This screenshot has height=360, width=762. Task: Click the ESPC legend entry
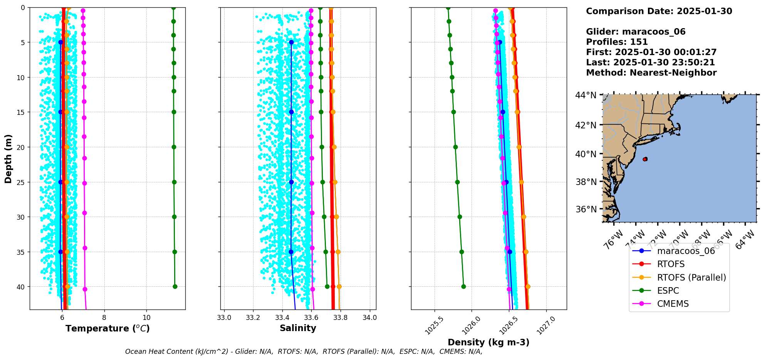pos(668,291)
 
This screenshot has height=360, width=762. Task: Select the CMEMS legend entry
pos(673,304)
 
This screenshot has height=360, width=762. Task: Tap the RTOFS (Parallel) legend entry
pos(692,278)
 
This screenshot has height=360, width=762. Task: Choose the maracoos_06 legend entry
pos(686,251)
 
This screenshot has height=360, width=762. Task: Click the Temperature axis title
pos(107,328)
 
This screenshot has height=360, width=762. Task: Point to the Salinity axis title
pos(298,328)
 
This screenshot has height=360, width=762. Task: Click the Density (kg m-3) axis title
pos(488,342)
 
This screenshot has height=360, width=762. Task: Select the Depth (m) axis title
pos(8,159)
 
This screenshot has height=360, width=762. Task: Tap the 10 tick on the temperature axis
pos(146,318)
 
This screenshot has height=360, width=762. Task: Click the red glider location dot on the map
pos(645,159)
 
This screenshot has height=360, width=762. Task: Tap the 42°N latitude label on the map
pos(586,125)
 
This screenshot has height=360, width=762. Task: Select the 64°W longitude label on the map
pos(745,240)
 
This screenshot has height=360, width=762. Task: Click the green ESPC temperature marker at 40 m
pos(175,286)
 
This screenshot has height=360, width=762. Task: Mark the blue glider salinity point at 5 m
pos(291,42)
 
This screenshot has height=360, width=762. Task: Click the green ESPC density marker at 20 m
pos(455,147)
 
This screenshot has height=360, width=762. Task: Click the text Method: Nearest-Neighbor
pos(651,73)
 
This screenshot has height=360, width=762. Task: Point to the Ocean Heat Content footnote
pos(304,352)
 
